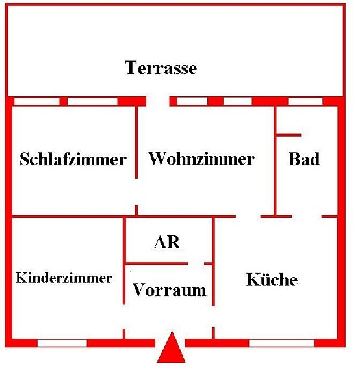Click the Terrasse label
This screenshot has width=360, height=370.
161,68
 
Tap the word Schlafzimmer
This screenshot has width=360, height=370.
73,159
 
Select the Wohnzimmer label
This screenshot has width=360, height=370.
201,159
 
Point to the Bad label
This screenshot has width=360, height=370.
304,159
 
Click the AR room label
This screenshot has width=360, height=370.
167,242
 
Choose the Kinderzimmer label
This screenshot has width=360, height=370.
64,278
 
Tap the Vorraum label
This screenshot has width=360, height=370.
169,289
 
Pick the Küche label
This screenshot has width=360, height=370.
272,279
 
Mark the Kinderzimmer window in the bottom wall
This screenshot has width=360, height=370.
62,343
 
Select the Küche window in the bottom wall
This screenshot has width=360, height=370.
281,343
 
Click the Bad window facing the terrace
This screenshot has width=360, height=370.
305,101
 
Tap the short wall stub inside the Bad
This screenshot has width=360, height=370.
289,135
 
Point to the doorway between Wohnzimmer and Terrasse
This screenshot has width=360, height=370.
158,101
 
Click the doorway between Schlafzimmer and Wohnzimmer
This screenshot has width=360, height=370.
136,192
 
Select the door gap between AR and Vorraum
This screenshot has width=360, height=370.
196,263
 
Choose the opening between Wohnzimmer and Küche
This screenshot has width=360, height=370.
248,217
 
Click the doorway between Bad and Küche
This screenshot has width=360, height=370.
307,217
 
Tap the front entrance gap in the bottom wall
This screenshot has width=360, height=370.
170,343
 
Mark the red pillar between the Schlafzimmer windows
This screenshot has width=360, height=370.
64,101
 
